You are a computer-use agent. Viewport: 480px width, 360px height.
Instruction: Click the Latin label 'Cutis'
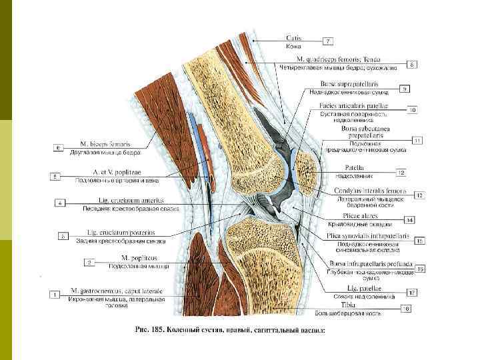point(294,39)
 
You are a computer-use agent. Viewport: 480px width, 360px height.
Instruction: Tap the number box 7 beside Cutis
point(327,41)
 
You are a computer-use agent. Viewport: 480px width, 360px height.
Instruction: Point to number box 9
point(404,88)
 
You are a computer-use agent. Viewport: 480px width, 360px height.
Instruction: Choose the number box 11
point(417,141)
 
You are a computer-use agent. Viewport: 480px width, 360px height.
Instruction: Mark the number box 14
point(409,219)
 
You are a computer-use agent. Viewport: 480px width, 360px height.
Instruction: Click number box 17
point(413,292)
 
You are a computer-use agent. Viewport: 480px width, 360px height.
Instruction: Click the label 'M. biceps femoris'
point(105,144)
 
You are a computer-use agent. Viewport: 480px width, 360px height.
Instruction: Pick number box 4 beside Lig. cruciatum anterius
point(60,202)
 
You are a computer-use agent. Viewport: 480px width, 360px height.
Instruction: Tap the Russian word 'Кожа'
point(293,47)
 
